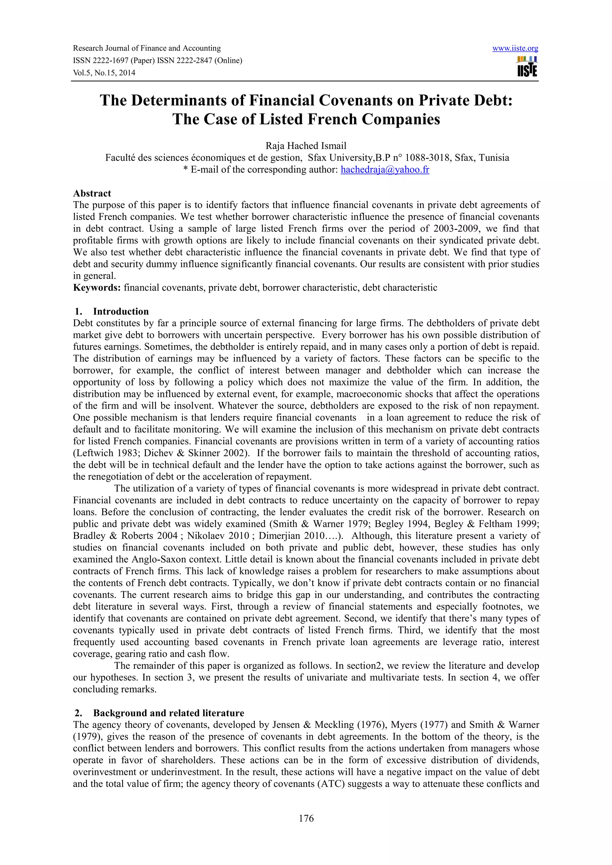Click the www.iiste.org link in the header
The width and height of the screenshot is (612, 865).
[x=515, y=48]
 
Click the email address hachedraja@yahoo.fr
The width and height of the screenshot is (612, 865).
[x=385, y=170]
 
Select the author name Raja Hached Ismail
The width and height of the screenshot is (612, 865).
[x=306, y=146]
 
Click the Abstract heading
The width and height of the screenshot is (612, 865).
[x=92, y=193]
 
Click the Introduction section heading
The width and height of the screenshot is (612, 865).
[x=121, y=312]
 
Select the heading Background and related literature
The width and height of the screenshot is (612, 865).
[x=169, y=713]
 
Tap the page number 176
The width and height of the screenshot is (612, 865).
[x=306, y=818]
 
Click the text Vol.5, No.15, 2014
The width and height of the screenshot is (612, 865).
[x=104, y=73]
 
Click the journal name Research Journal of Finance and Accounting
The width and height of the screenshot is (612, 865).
[x=147, y=48]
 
